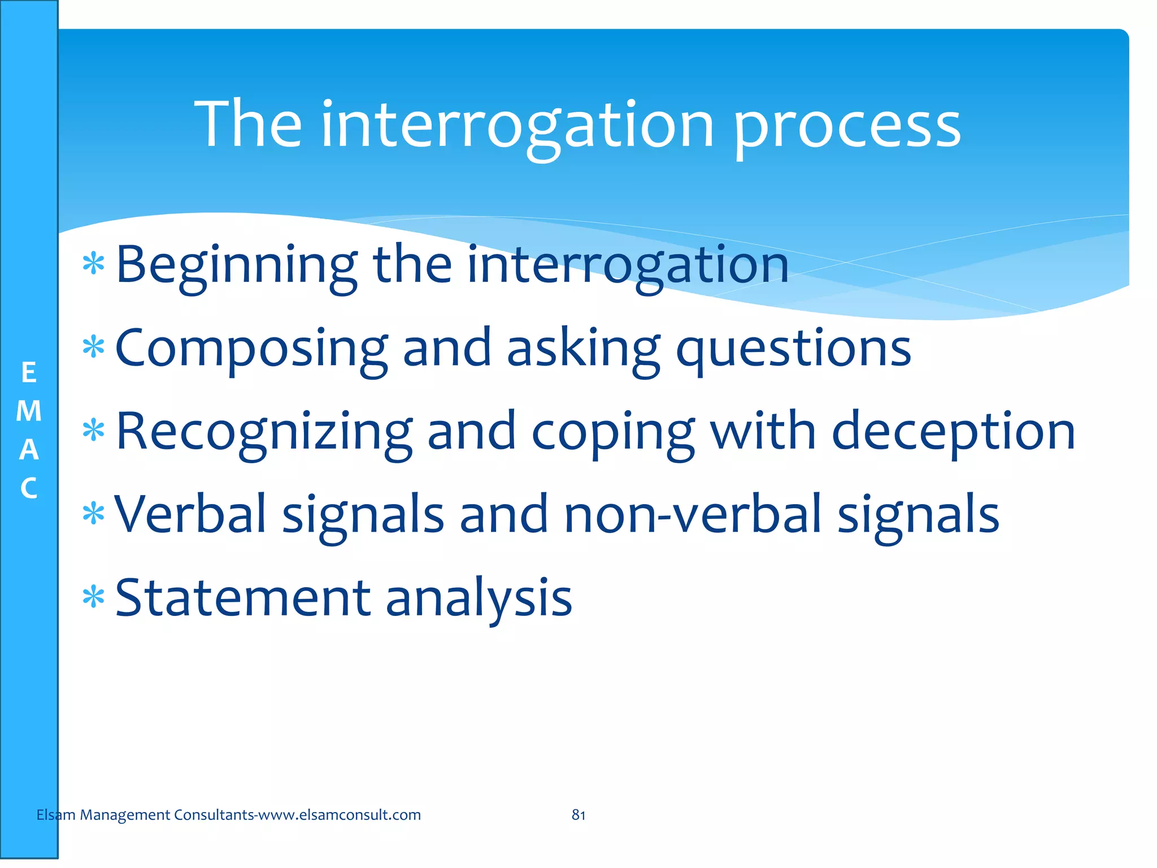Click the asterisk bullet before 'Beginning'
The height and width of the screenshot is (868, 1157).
point(93,264)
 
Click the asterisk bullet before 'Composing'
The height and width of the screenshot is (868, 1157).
point(93,347)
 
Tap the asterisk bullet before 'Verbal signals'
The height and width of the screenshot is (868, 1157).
point(93,514)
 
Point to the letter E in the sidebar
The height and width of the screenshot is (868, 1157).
point(29,373)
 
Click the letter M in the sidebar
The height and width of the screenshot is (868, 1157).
point(29,411)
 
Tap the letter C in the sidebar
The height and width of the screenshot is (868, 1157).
point(29,488)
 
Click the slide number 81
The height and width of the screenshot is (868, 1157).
point(578,815)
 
